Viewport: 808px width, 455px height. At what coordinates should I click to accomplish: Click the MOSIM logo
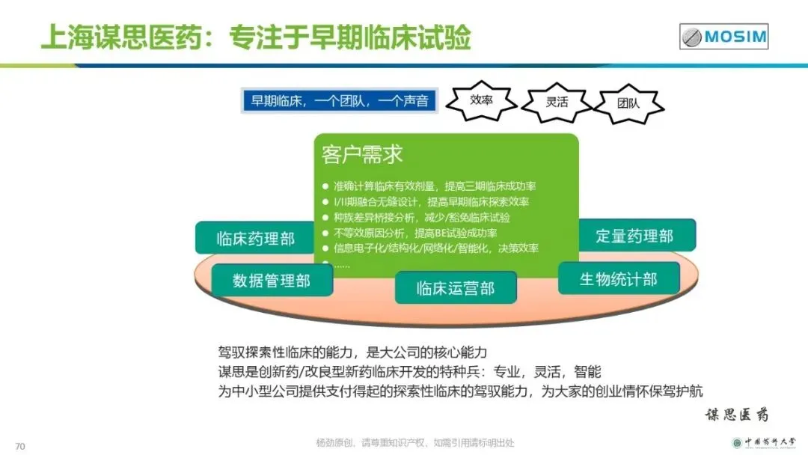723,36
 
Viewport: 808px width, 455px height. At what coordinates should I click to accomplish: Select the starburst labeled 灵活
557,102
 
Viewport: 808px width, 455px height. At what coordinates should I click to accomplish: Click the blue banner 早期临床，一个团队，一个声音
339,101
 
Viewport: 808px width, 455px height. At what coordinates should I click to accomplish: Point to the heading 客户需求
362,154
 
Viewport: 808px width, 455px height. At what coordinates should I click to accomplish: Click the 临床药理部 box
255,239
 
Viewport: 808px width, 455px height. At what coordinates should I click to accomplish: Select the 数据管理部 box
271,281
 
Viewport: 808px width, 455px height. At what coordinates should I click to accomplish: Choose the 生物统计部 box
619,279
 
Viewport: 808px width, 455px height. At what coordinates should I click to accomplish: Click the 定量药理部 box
634,236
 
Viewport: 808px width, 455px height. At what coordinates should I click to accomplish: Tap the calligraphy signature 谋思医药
737,414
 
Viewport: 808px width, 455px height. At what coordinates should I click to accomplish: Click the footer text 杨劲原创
415,442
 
